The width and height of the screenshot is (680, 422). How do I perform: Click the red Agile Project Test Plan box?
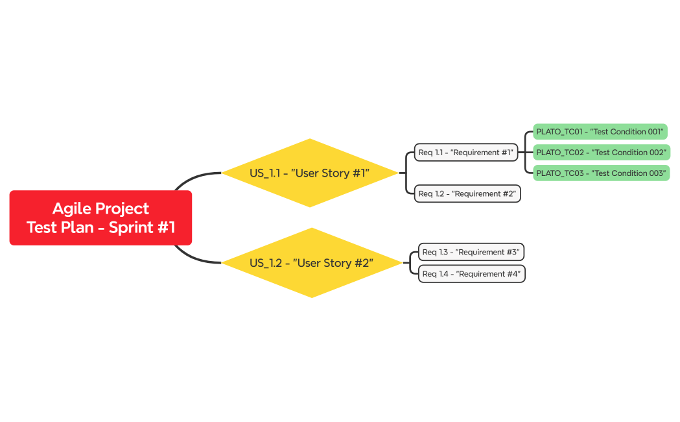100,217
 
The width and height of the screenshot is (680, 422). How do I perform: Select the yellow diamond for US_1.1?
310,173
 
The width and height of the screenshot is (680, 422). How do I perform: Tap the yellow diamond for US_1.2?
311,263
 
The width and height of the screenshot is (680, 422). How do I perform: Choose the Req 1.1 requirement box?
466,153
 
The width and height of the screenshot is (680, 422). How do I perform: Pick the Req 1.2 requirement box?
467,193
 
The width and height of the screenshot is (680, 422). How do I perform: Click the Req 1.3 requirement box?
471,252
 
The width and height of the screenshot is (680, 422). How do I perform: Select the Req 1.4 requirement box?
471,274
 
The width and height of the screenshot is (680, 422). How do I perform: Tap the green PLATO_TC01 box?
600,132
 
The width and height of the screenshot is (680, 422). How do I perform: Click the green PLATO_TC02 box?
601,153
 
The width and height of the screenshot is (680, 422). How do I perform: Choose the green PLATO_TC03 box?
601,173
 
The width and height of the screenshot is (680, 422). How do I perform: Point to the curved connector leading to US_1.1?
194,176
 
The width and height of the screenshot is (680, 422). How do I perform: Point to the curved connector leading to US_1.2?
194,260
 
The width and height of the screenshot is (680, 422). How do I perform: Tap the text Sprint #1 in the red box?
142,228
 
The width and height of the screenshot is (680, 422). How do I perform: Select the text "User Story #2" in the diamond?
333,263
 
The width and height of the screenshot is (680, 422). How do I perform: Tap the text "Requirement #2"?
484,193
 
